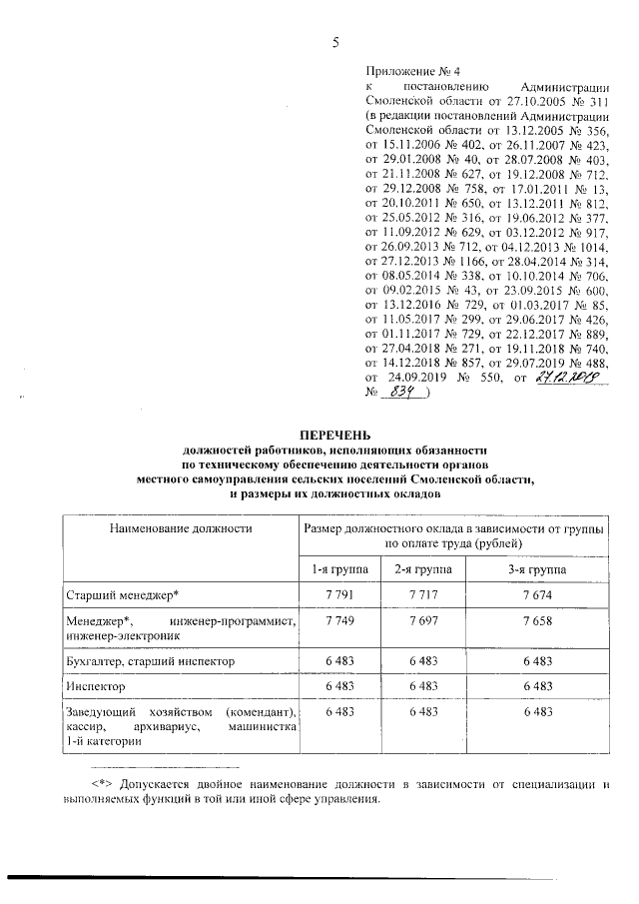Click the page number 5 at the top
tap(335, 41)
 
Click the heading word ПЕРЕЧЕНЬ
tap(335, 435)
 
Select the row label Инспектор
tap(96, 687)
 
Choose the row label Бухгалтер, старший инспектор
tap(149, 660)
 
